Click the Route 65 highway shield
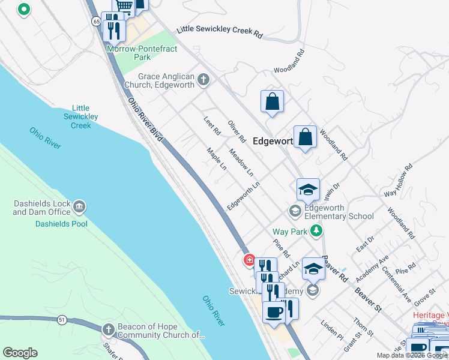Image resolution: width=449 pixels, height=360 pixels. (x=96, y=21)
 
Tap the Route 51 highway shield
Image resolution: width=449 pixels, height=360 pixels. (x=62, y=320)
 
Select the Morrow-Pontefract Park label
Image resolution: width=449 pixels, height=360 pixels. (x=142, y=53)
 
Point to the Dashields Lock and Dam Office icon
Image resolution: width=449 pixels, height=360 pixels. (x=79, y=208)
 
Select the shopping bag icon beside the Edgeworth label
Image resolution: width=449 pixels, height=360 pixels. (x=306, y=137)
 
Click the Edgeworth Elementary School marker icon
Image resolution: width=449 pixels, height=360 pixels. (x=295, y=211)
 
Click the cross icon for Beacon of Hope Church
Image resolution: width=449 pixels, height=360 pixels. (x=108, y=329)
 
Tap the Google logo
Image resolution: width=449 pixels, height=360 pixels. (x=20, y=353)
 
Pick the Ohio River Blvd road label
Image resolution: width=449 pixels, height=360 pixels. (x=146, y=120)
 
